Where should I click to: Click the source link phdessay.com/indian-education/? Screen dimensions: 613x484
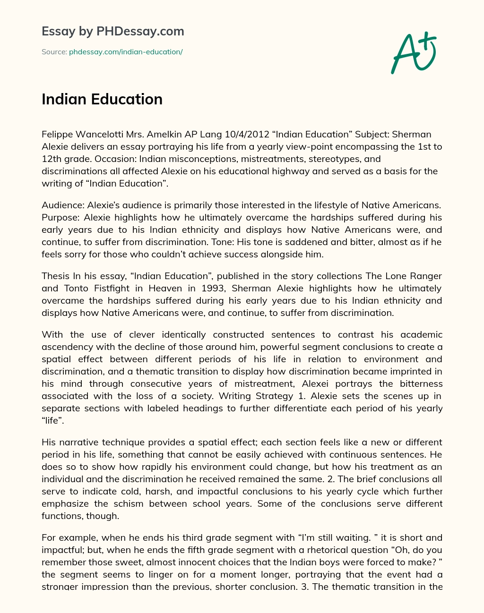click(126, 52)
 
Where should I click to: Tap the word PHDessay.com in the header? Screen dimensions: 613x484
click(140, 32)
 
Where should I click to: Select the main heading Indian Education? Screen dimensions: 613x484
click(102, 99)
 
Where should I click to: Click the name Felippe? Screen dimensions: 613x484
click(58, 135)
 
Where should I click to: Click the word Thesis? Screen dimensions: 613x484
click(55, 276)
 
